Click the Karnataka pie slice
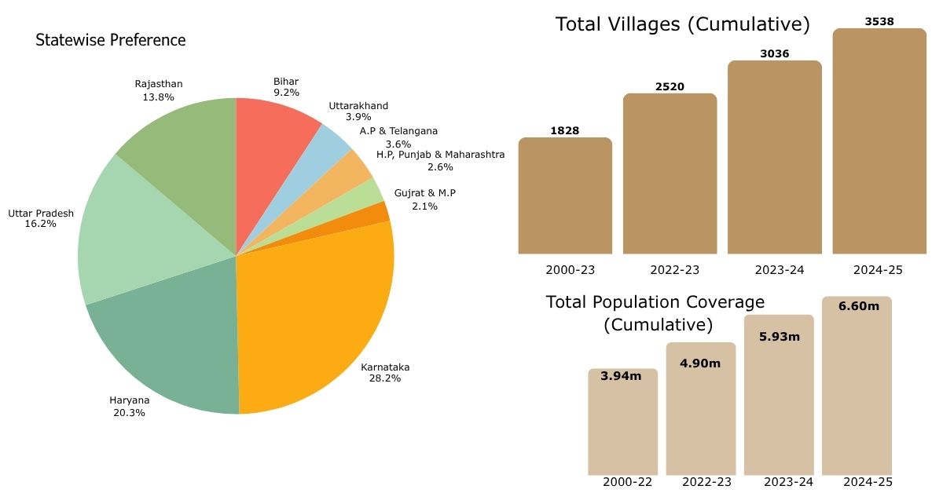pyautogui.click(x=314, y=314)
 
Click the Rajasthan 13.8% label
pyautogui.click(x=158, y=90)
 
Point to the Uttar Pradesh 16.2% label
pyautogui.click(x=41, y=218)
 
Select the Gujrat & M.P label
pyautogui.click(x=424, y=199)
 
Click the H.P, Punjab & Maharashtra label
pyautogui.click(x=440, y=160)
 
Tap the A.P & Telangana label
pyautogui.click(x=398, y=137)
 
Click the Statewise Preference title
pyautogui.click(x=111, y=40)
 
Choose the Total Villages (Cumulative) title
pyautogui.click(x=682, y=24)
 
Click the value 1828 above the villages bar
pyautogui.click(x=564, y=130)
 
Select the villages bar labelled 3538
pyautogui.click(x=879, y=141)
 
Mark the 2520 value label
pyautogui.click(x=670, y=86)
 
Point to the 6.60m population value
pyautogui.click(x=858, y=305)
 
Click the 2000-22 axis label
pyautogui.click(x=627, y=482)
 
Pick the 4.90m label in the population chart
pyautogui.click(x=700, y=362)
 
